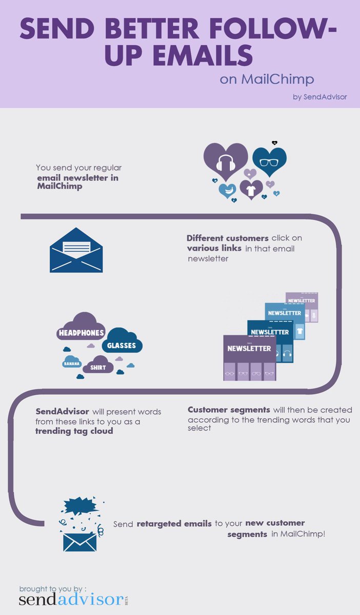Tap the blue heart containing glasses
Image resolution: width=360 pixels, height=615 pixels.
269,161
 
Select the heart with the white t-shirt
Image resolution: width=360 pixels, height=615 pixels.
251,190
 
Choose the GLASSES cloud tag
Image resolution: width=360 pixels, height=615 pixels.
122,345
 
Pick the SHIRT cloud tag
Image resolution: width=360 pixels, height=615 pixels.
97,367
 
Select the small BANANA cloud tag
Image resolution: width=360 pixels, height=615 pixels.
71,363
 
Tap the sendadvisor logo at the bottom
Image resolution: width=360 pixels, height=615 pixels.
72,600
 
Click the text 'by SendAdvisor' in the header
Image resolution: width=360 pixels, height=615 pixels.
319,97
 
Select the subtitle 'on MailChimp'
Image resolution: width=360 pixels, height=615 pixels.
267,79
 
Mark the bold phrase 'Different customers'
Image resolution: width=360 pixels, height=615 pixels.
227,238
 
